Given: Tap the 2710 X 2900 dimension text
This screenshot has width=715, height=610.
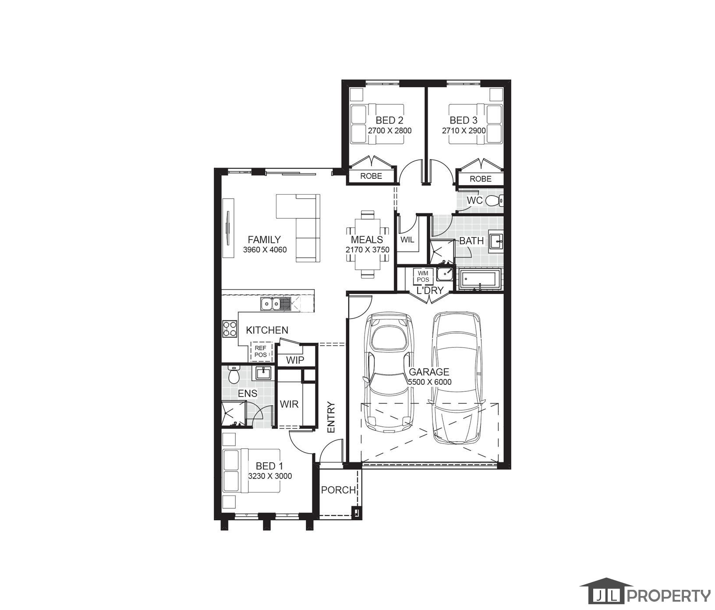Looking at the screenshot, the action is coord(464,131).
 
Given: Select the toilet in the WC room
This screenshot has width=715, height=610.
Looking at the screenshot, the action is coord(495,201).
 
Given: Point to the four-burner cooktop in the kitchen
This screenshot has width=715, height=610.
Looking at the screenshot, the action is coord(230,329).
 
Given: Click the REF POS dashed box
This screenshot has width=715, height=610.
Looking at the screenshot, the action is coord(261,351).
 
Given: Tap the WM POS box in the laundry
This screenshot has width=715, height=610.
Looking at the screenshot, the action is coord(423,276).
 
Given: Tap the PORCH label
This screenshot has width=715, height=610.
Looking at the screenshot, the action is coord(338,490).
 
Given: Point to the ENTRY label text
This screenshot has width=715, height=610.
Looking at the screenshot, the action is coord(331,418).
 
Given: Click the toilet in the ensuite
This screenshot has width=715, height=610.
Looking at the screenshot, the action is coord(234,375).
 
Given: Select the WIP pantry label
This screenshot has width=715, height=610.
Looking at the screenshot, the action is coord(295,360).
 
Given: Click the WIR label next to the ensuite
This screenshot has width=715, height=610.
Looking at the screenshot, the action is coord(289,404).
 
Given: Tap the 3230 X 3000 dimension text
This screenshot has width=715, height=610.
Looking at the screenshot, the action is coord(270,476).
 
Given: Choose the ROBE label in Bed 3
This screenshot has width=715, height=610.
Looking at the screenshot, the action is coord(481,179).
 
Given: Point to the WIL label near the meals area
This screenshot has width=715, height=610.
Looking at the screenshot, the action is coord(407,240).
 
